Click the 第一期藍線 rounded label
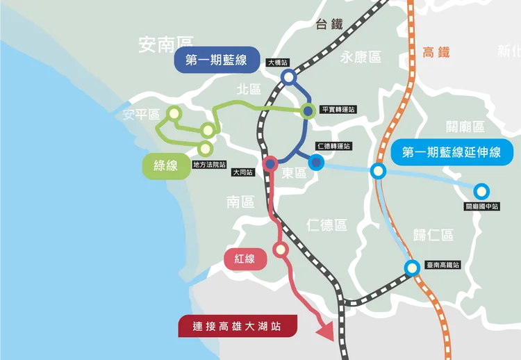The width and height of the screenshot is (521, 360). point(216,61)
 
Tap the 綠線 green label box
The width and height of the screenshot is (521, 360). point(166,167)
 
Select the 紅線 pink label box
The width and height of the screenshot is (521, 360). point(245,259)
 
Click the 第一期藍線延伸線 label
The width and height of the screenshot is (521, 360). point(451,152)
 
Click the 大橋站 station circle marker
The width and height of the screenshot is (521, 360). point(288,78)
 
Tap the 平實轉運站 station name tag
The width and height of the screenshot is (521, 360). point(338,110)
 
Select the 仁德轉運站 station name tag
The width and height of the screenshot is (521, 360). point(333,146)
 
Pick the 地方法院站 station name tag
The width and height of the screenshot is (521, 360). point(209,165)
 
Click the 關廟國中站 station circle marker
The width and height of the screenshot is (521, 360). point(481,191)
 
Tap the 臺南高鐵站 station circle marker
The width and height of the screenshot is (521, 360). point(412,267)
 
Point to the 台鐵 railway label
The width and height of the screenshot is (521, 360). point(329,24)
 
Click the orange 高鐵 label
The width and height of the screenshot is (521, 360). point(436,52)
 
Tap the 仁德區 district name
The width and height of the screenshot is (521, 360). point(326,225)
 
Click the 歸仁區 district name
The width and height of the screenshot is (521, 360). point(432,235)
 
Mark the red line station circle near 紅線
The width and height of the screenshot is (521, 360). point(281,249)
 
